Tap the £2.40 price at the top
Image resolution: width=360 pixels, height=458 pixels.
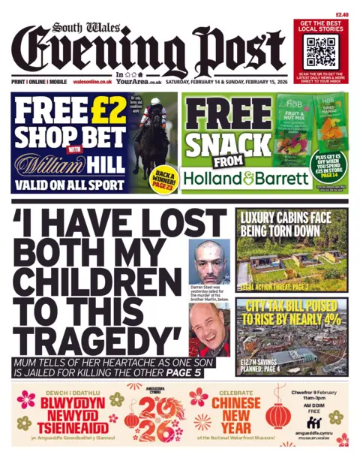click(342, 14)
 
